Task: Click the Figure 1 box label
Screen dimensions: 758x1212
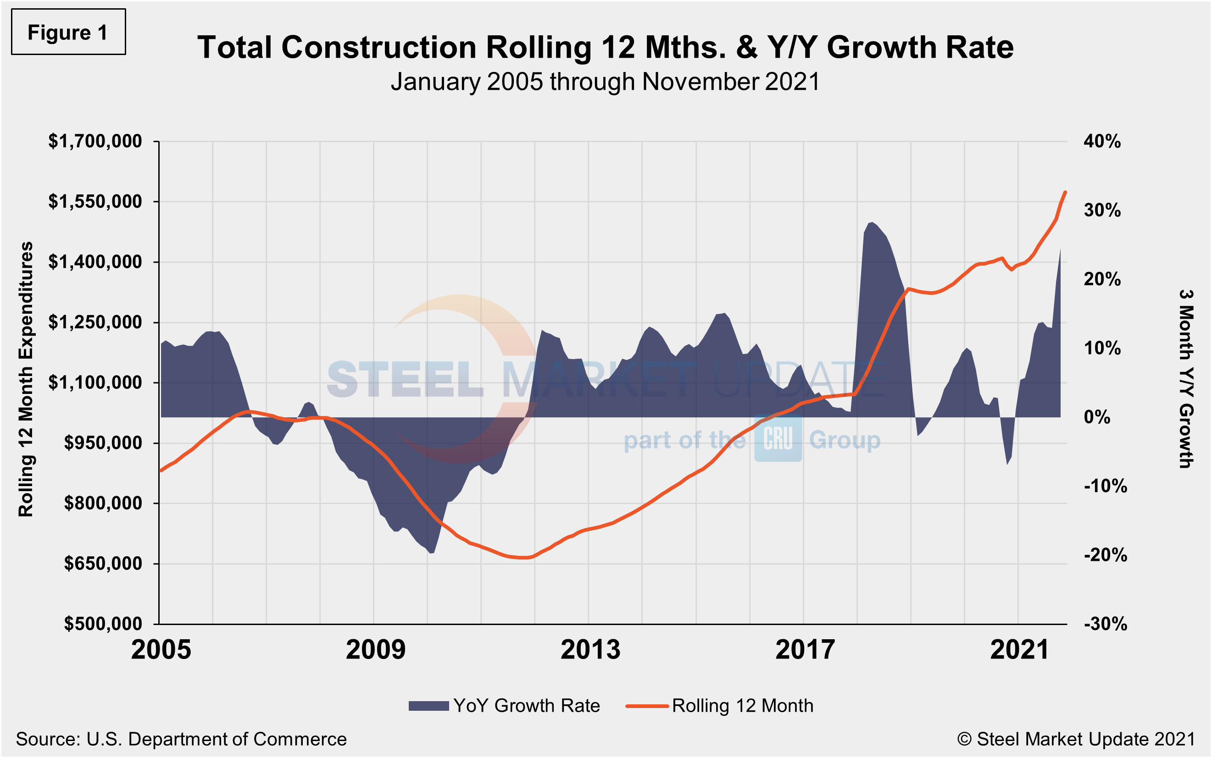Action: [x=68, y=33]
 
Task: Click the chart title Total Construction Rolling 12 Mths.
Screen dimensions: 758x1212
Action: [x=605, y=48]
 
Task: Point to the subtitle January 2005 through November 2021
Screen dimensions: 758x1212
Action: [x=605, y=82]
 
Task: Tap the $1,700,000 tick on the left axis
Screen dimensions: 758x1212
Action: [x=95, y=141]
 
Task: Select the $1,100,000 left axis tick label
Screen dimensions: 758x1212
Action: [x=95, y=382]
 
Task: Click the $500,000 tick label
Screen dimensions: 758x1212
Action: [x=103, y=624]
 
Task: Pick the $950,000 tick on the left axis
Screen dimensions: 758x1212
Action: [x=103, y=443]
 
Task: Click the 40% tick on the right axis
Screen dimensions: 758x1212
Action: [x=1102, y=141]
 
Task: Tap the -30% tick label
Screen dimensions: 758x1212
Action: [x=1105, y=624]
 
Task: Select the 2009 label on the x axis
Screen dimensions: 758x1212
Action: [x=376, y=650]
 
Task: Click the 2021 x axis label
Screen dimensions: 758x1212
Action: [x=1019, y=650]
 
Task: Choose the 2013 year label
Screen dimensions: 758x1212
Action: [x=590, y=650]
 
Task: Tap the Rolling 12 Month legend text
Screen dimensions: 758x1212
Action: [x=743, y=706]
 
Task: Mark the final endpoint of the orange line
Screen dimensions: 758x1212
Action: [x=1065, y=192]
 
